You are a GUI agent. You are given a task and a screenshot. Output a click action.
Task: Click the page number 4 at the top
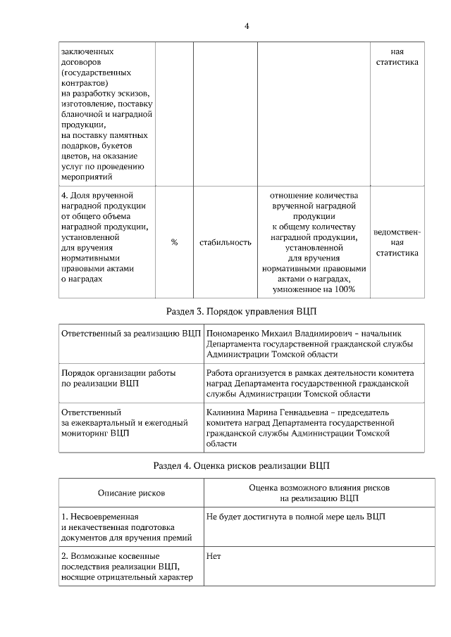click(247, 26)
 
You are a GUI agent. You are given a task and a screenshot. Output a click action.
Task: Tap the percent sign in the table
click(174, 242)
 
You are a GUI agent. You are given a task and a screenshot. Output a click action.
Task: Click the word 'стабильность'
click(225, 242)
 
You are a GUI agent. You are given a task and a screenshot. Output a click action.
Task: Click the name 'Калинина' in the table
click(226, 412)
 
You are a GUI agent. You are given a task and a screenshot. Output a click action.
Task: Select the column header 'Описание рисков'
click(131, 493)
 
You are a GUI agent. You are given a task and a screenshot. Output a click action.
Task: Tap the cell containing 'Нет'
click(214, 555)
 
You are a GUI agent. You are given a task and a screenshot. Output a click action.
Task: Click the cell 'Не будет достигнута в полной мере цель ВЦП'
click(296, 517)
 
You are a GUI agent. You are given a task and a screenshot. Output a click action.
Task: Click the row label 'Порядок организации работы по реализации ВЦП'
click(118, 378)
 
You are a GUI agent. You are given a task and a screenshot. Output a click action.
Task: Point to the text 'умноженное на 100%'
click(314, 289)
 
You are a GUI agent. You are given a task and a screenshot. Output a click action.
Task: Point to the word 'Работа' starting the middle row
click(221, 372)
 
